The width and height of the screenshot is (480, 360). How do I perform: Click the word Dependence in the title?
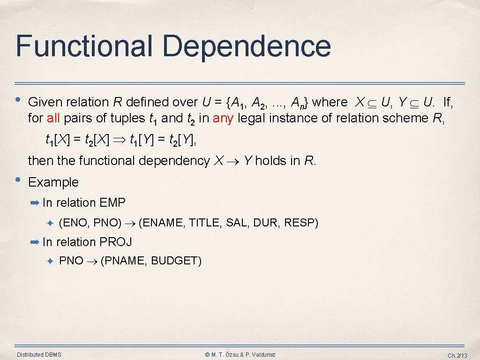click(x=247, y=46)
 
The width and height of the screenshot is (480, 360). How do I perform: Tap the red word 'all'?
click(x=53, y=118)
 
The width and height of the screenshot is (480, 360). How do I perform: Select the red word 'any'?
click(x=223, y=118)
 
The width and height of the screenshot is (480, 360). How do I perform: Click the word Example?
click(x=53, y=182)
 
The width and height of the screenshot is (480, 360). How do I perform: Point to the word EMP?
click(x=112, y=202)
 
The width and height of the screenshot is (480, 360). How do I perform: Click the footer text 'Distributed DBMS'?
click(x=39, y=354)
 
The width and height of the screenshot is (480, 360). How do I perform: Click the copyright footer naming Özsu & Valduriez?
click(x=240, y=354)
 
